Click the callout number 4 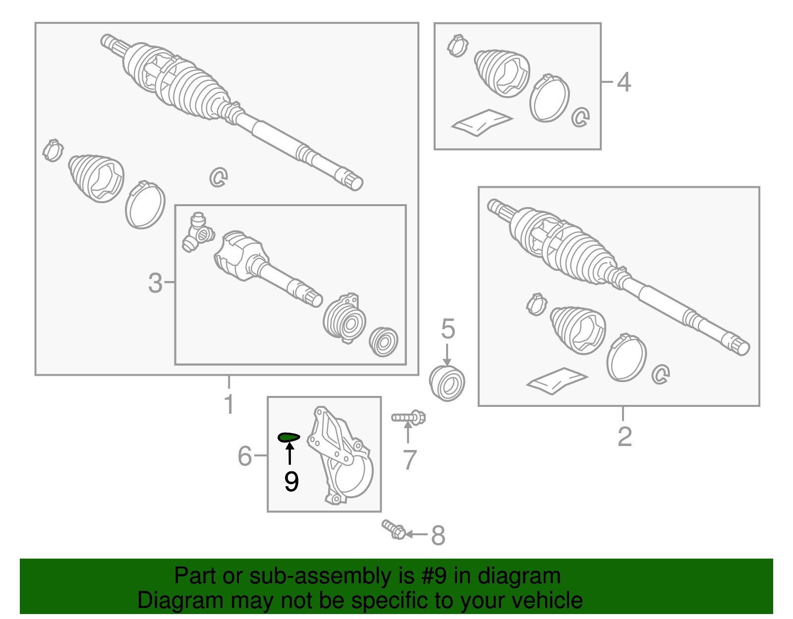click(x=623, y=82)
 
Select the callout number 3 click(x=155, y=282)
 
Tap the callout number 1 click(x=229, y=404)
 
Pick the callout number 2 click(x=624, y=436)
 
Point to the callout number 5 click(x=448, y=328)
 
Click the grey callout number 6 click(x=245, y=455)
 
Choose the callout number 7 click(x=410, y=459)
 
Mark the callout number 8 click(x=438, y=535)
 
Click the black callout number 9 click(x=291, y=482)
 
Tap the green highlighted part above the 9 click(x=288, y=437)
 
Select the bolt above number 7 click(x=408, y=417)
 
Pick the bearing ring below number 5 click(x=447, y=383)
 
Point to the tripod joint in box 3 click(x=198, y=232)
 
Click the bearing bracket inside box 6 click(x=340, y=455)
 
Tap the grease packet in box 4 click(x=482, y=122)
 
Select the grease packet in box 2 click(x=557, y=381)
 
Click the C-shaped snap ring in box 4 click(x=580, y=117)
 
